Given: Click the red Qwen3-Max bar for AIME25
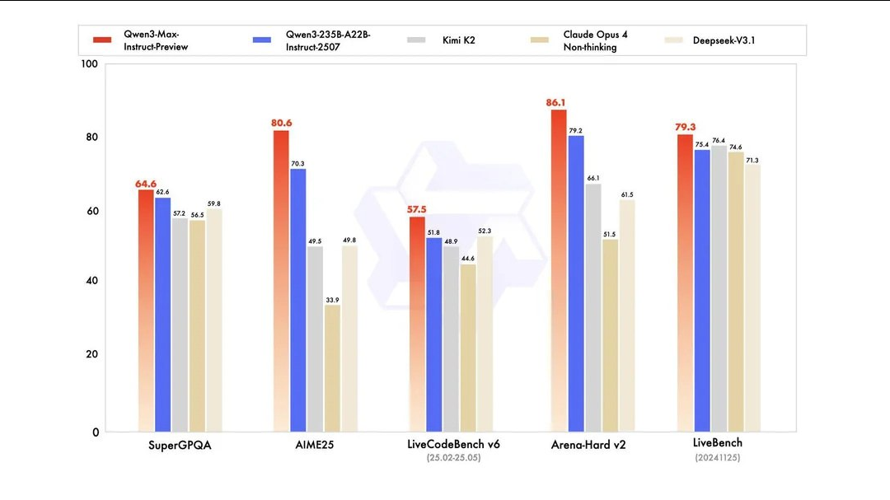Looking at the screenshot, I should pyautogui.click(x=281, y=280).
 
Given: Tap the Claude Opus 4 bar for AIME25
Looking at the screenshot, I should pyautogui.click(x=332, y=367).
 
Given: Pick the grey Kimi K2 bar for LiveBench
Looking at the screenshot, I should pyautogui.click(x=719, y=288).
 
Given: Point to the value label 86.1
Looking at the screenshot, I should pyautogui.click(x=555, y=103).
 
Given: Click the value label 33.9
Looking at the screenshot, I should pyautogui.click(x=332, y=299).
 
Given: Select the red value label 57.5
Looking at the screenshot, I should pyautogui.click(x=417, y=210).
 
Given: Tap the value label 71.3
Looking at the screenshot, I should pyautogui.click(x=752, y=160).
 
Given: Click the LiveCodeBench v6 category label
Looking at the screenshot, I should pyautogui.click(x=453, y=445).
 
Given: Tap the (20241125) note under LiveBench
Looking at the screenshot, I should pyautogui.click(x=717, y=457).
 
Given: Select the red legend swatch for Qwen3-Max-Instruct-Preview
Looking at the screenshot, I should pyautogui.click(x=102, y=40).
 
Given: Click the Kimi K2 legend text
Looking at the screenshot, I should pyautogui.click(x=454, y=40).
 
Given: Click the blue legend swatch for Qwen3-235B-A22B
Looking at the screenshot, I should pyautogui.click(x=263, y=40).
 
